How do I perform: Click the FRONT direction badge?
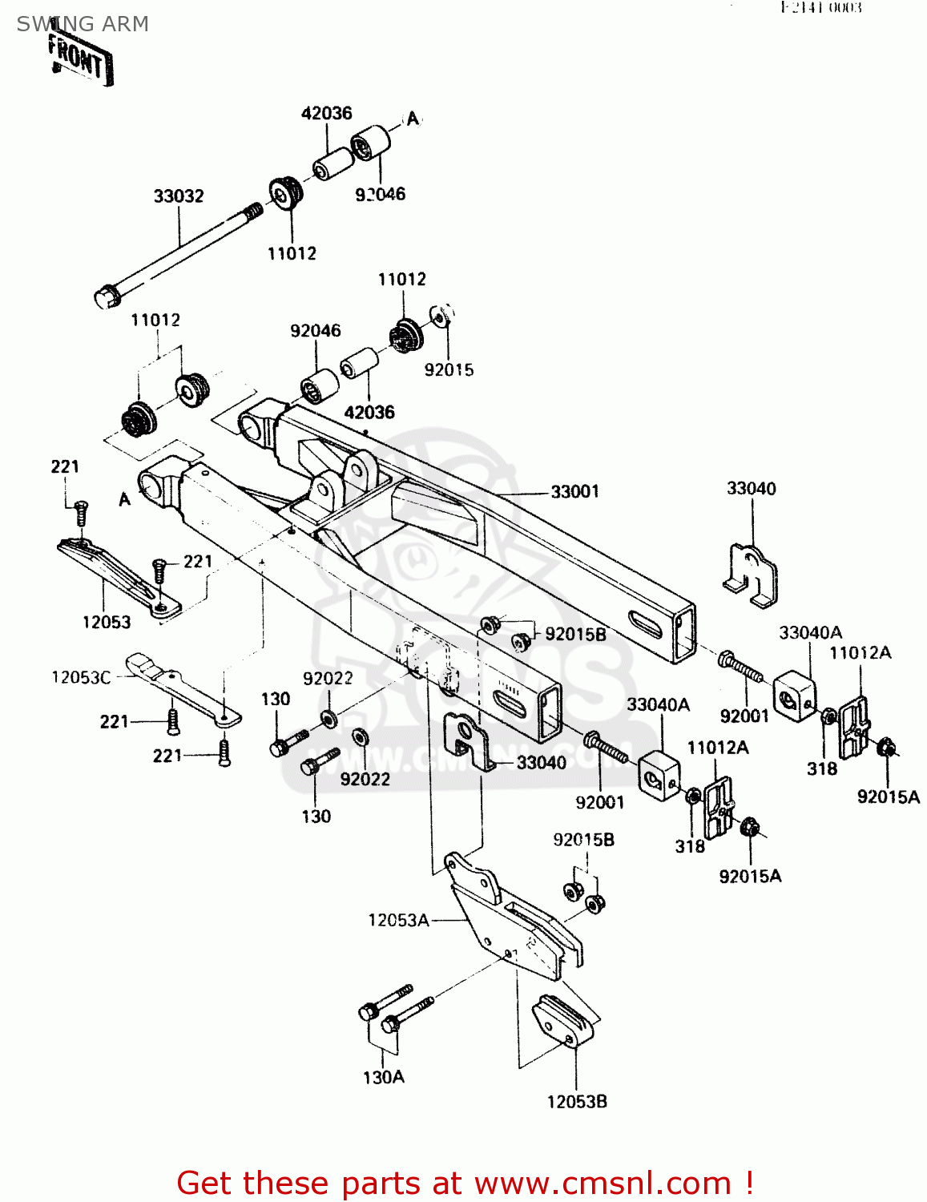(x=80, y=59)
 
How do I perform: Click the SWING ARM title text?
(x=83, y=24)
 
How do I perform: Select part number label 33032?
(x=179, y=196)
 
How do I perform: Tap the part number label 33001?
(x=574, y=491)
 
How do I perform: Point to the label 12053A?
(x=398, y=920)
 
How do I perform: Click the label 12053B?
(x=577, y=1102)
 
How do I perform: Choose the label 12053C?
(x=81, y=677)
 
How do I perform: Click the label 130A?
(x=384, y=1078)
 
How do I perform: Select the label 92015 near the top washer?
(x=449, y=369)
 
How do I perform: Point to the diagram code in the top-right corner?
(x=821, y=8)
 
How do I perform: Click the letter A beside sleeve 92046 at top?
(x=413, y=119)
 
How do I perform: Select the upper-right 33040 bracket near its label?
(x=751, y=574)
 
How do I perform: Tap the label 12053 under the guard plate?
(x=107, y=622)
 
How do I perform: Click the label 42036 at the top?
(x=326, y=113)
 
